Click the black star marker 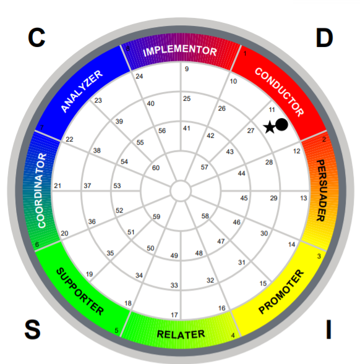click(270, 127)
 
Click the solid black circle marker click(281, 124)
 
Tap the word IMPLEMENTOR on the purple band click(180, 51)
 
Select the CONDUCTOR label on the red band click(280, 92)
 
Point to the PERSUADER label click(322, 190)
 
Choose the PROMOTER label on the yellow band click(281, 292)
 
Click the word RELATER click(181, 334)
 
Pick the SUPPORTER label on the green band click(80, 292)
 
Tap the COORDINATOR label click(42, 190)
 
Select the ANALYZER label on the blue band click(82, 91)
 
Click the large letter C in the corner click(36, 37)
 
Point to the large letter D click(324, 38)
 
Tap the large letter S click(33, 329)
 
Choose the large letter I click(328, 329)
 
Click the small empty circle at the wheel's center click(181, 190)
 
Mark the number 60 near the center click(156, 167)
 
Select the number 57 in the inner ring click(205, 167)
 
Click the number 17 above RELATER click(174, 315)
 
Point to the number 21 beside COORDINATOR click(58, 186)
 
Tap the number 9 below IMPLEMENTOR click(187, 69)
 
